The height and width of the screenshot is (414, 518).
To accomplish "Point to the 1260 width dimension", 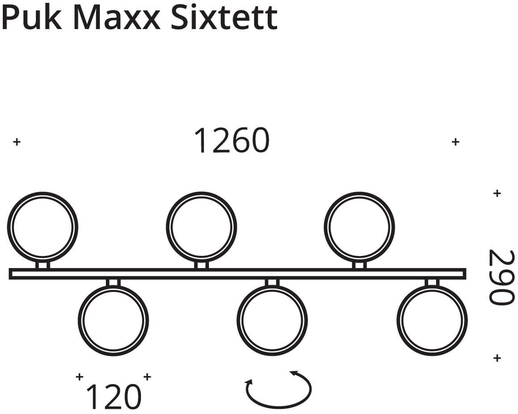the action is click(x=232, y=141).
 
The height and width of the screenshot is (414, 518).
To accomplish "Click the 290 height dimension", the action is click(x=501, y=277).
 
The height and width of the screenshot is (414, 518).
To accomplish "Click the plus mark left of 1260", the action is click(x=17, y=142).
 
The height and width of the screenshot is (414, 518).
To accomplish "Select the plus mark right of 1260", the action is click(x=455, y=142).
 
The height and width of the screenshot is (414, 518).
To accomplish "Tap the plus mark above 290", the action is click(x=497, y=193).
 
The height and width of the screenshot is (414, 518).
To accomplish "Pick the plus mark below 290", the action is click(x=497, y=358).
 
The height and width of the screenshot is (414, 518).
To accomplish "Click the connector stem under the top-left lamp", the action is click(x=43, y=265).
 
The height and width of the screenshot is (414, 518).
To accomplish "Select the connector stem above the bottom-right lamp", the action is click(x=432, y=282).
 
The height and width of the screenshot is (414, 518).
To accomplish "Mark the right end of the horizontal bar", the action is click(x=465, y=274).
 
